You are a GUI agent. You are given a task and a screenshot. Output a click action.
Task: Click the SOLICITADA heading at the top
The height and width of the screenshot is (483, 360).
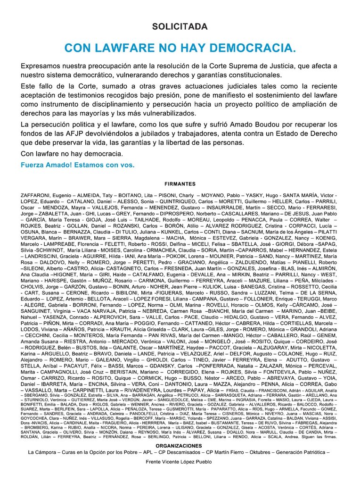point(180,27)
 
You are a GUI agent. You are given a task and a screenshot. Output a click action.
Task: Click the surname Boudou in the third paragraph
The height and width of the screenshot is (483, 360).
point(232,125)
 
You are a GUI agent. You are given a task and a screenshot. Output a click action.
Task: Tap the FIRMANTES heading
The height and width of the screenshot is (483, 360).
point(180,184)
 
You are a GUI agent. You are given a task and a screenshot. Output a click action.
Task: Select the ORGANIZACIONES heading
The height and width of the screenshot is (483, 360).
point(179,445)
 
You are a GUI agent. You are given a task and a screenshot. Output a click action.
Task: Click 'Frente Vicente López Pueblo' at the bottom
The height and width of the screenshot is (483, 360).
point(180,462)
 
